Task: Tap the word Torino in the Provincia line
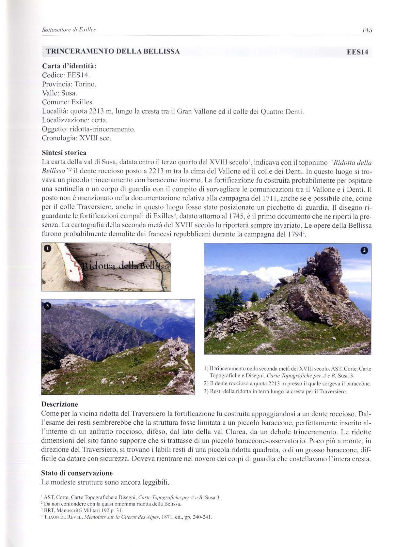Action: (x=85, y=84)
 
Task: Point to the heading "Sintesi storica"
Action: (x=64, y=153)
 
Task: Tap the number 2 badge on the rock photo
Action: (x=364, y=250)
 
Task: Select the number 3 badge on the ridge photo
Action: (x=47, y=306)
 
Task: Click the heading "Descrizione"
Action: (x=60, y=404)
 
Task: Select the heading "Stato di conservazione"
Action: (x=77, y=473)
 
